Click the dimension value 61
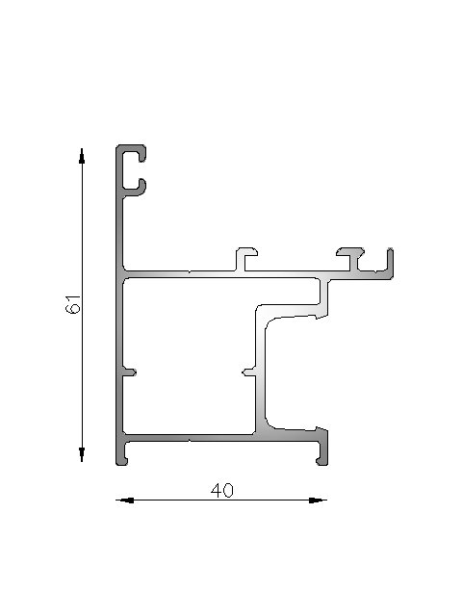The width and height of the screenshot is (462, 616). pos(73,304)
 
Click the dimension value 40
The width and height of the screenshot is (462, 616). pos(222,491)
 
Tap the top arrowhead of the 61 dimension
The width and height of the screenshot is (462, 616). pos(82,156)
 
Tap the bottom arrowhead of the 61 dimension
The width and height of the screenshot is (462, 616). pos(82,453)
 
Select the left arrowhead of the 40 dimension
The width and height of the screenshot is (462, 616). pos(125,500)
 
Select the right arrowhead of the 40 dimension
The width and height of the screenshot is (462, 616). pos(318,500)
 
